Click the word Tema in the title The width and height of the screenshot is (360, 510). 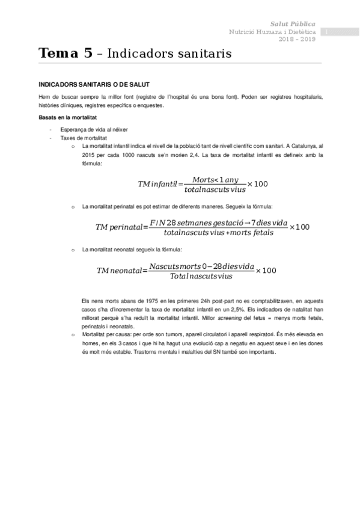click(56, 53)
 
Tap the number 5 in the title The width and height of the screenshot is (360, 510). click(88, 53)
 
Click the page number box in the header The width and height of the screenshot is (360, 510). click(325, 31)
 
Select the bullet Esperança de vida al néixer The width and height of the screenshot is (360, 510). click(94, 130)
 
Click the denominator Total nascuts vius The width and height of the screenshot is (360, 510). click(200, 277)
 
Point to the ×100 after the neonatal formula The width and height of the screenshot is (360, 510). click(266, 271)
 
